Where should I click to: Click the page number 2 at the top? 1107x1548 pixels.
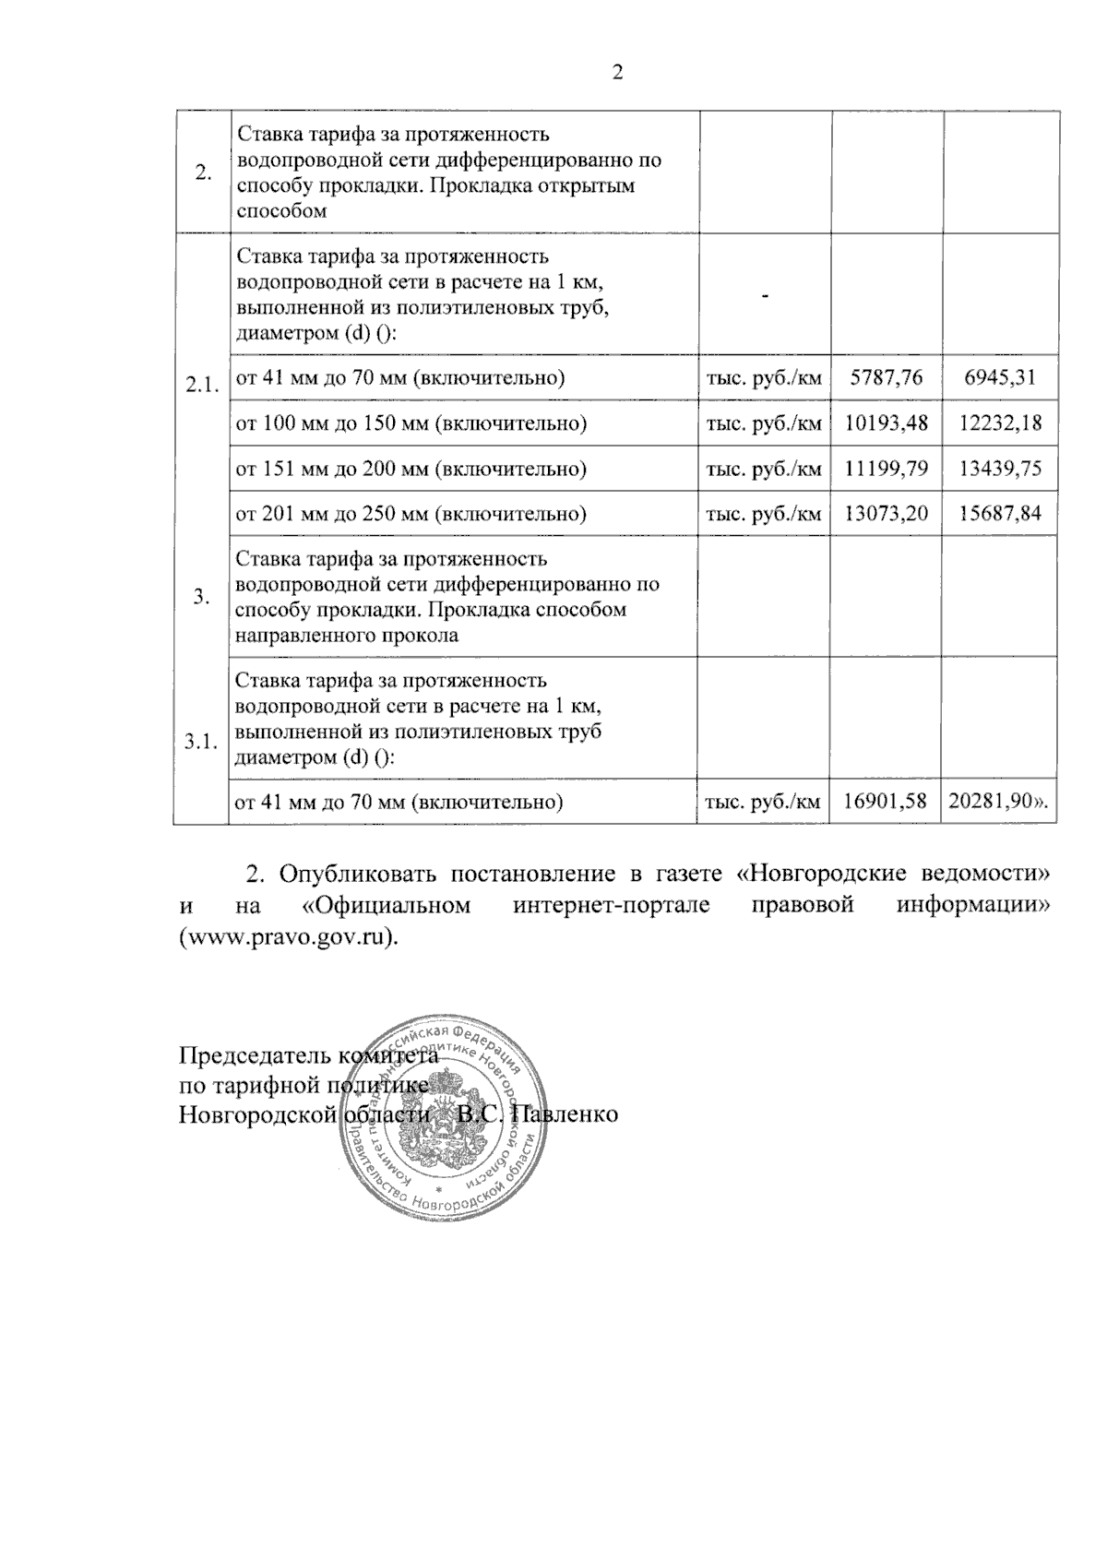point(618,73)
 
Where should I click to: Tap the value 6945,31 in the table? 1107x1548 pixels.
point(1000,377)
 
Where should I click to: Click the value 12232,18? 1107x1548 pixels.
point(1000,423)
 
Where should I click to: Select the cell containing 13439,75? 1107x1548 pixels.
point(1000,469)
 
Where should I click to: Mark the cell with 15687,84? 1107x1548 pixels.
point(1000,514)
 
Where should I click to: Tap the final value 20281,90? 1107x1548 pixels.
point(998,802)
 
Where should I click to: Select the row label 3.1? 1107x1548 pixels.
point(201,742)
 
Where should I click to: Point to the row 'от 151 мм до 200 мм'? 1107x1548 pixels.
point(411,469)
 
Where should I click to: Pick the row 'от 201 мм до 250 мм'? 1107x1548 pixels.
point(411,514)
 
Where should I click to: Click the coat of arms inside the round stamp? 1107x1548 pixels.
point(451,1116)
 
